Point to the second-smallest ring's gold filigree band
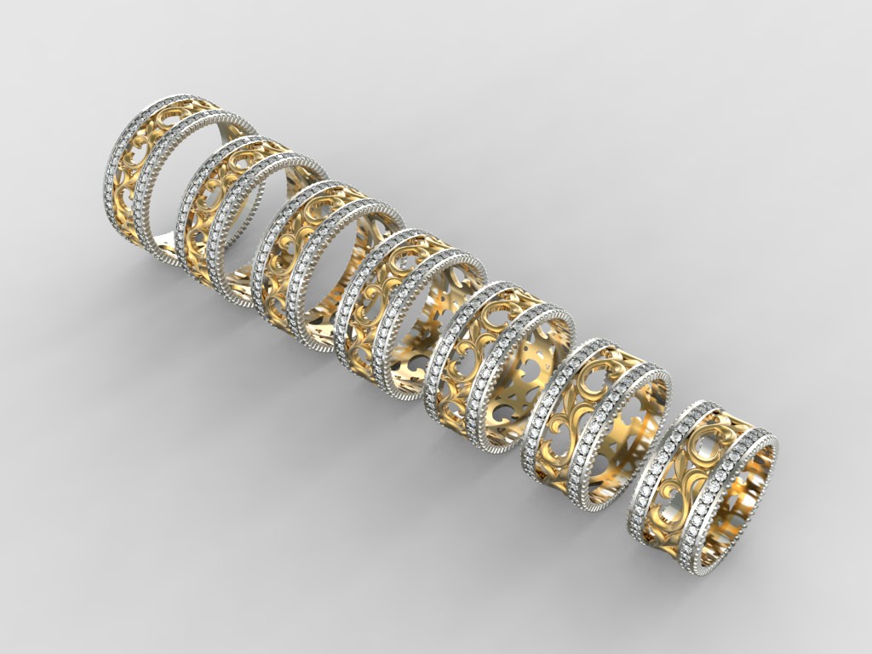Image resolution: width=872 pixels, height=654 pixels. click(562, 417)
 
